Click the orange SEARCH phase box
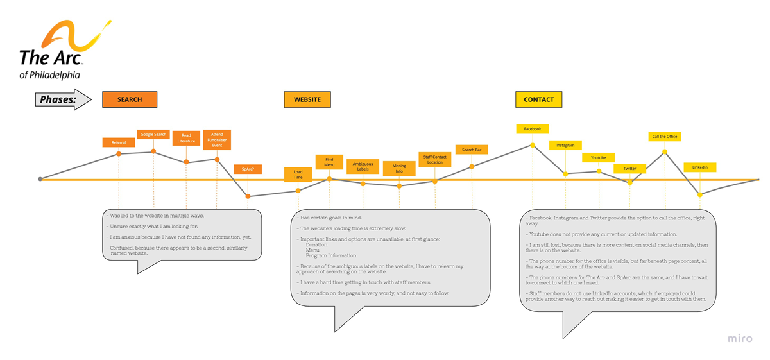(x=130, y=99)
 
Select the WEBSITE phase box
(x=307, y=99)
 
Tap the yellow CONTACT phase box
(x=538, y=99)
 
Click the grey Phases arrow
(x=63, y=99)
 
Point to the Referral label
(x=119, y=142)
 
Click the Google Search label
(x=153, y=135)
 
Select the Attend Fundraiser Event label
(x=217, y=139)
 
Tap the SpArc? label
(x=248, y=169)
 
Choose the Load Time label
(x=298, y=175)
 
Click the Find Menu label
(x=329, y=162)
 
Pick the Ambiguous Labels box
(x=363, y=167)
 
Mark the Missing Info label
(x=399, y=168)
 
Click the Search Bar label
(x=472, y=150)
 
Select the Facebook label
(x=533, y=129)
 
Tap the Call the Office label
(x=665, y=137)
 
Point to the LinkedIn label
(x=700, y=167)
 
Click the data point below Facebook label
(x=533, y=146)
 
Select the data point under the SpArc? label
(x=248, y=196)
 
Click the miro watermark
(x=740, y=338)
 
